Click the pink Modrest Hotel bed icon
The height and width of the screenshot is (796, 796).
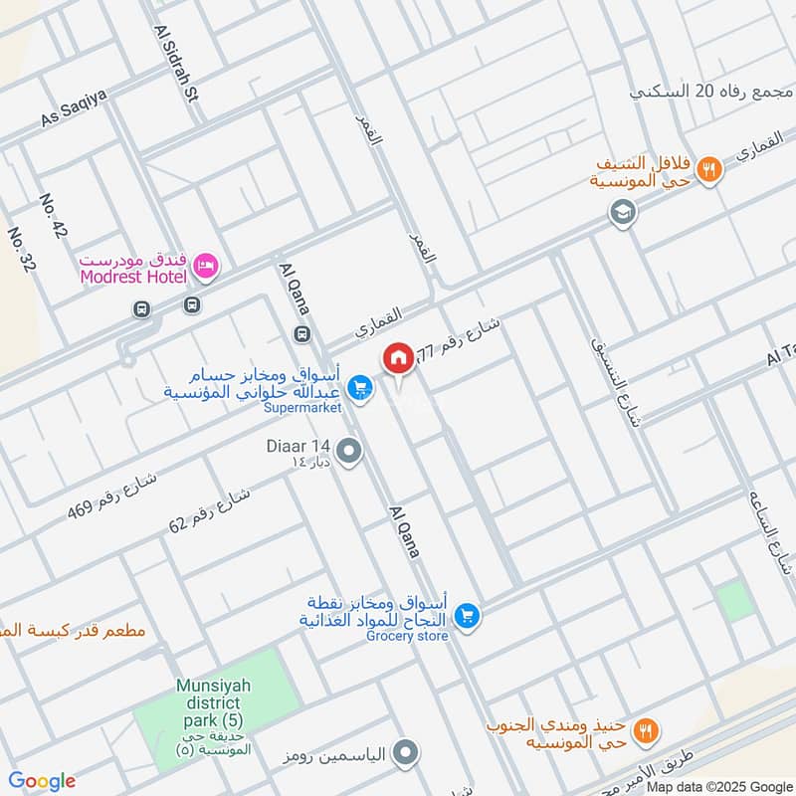(208, 265)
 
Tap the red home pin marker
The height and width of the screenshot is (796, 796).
(398, 358)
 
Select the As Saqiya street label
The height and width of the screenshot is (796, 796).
(73, 105)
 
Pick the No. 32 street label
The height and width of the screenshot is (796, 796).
(19, 252)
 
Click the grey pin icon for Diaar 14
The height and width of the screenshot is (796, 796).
(348, 453)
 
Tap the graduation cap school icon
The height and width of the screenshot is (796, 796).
(624, 213)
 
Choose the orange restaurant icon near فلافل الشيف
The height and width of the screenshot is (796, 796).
(707, 169)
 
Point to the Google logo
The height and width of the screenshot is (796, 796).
(42, 781)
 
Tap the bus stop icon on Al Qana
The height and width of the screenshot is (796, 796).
(301, 332)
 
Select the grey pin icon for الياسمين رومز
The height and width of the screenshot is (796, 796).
(404, 754)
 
